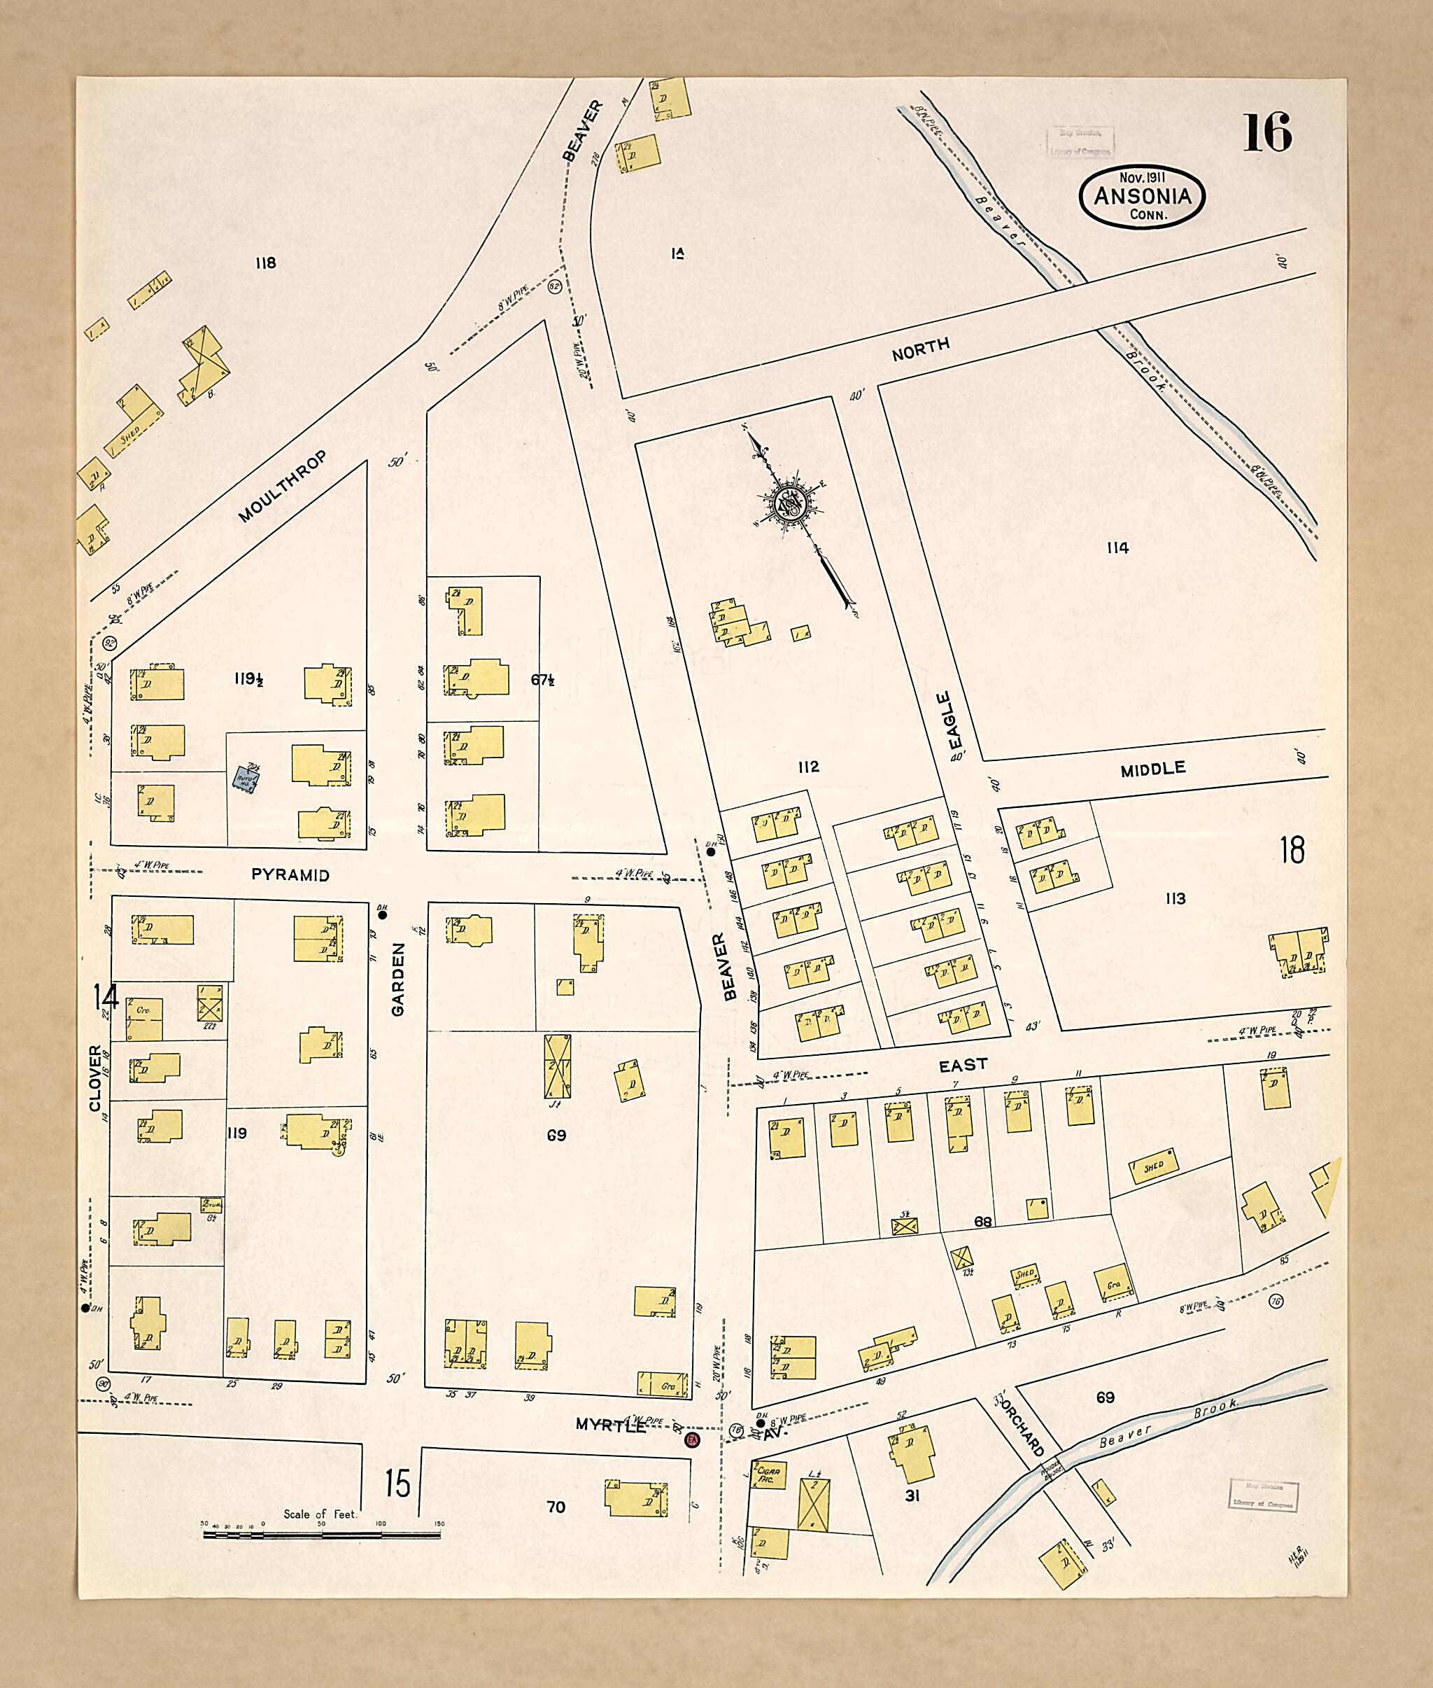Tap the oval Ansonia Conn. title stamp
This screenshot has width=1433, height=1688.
pyautogui.click(x=1141, y=196)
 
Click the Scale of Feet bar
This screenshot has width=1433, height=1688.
pyautogui.click(x=322, y=1535)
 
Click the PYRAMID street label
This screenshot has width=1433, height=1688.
pyautogui.click(x=290, y=875)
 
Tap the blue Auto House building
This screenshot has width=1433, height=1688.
pyautogui.click(x=247, y=779)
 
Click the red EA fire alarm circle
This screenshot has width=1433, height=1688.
pyautogui.click(x=692, y=1439)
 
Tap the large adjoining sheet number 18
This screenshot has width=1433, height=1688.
pyautogui.click(x=1292, y=850)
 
